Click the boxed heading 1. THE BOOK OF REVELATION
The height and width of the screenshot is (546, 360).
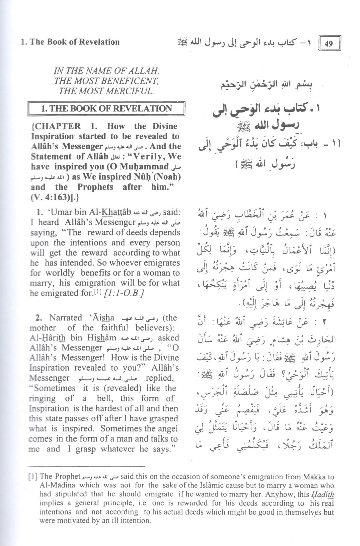coord(106,109)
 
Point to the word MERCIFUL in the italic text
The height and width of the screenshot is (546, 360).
coord(132,91)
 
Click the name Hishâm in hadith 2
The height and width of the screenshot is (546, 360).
coord(102,338)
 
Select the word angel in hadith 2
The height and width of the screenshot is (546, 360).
coord(168,428)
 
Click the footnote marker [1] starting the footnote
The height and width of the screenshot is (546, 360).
coord(33,477)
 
